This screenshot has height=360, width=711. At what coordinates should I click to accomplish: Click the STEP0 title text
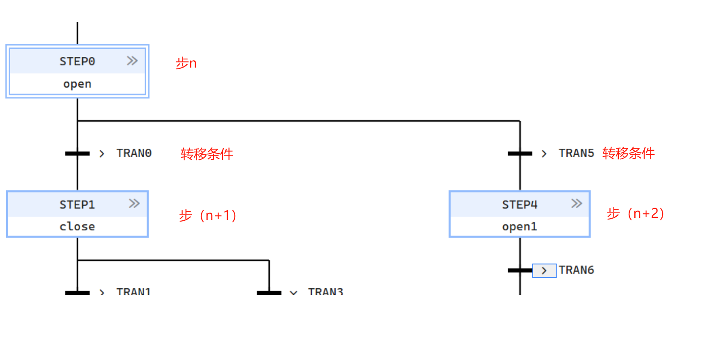pos(77,61)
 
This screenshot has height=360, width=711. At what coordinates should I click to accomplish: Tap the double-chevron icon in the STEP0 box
pos(132,61)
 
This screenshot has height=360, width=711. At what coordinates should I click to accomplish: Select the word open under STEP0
pos(77,84)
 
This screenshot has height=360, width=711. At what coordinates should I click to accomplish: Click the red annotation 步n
pos(186,63)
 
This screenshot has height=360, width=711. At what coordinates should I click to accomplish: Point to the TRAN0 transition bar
pos(77,154)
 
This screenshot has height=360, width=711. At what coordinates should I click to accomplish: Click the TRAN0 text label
pos(134,153)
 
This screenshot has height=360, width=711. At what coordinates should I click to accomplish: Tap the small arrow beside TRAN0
pos(102,154)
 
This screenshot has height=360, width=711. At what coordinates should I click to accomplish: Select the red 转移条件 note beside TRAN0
pos(207,154)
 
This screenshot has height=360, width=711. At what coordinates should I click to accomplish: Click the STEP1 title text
pos(77,204)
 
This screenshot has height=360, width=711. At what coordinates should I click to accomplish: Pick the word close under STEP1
pos(77,226)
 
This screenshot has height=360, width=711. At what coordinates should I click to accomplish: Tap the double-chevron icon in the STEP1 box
pos(134,204)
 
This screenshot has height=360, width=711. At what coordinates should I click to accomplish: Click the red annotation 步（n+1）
pos(208,215)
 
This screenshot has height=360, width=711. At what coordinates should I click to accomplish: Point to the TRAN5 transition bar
pos(520,154)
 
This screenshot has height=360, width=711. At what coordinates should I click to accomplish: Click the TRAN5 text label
pos(576,153)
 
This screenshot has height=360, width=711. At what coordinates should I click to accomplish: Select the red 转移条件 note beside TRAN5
pos(628,153)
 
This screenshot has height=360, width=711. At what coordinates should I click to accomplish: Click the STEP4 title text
pos(519,204)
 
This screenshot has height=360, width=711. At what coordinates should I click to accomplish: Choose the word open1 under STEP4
pos(519,226)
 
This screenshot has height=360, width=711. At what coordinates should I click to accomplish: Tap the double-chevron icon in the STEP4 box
pos(576,204)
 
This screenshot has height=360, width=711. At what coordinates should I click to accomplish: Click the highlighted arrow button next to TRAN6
pos(544,271)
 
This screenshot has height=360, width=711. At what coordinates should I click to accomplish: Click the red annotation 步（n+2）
pos(636,213)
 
